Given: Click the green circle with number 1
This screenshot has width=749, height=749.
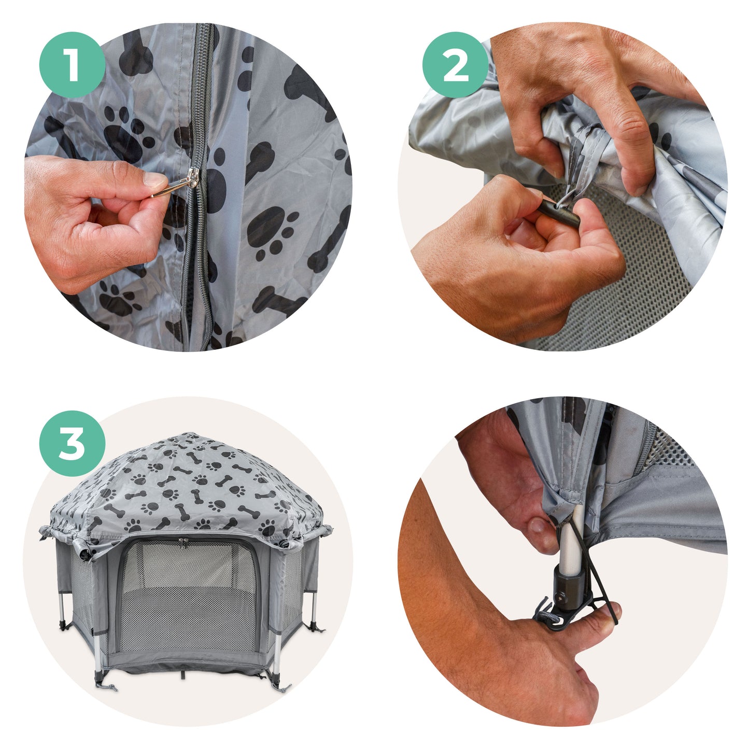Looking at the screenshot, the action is tap(72, 65).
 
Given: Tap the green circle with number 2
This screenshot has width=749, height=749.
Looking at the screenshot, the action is tap(455, 65).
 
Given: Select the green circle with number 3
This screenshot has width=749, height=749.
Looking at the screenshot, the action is tap(72, 444).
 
